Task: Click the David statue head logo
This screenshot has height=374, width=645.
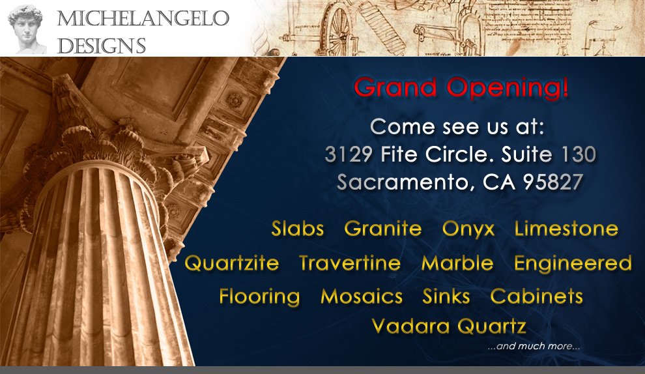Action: pyautogui.click(x=27, y=29)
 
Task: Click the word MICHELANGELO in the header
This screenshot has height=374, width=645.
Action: pyautogui.click(x=143, y=18)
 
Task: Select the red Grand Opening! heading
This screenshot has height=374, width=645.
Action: pyautogui.click(x=461, y=88)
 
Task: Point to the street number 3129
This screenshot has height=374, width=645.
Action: pyautogui.click(x=349, y=154)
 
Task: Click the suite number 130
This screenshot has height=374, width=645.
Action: pyautogui.click(x=579, y=154)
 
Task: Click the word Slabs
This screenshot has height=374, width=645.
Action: pyautogui.click(x=297, y=228)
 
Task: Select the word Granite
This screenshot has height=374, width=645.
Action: pyautogui.click(x=383, y=228)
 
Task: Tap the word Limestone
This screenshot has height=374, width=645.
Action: pyautogui.click(x=566, y=228)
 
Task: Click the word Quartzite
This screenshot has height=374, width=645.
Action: pyautogui.click(x=231, y=263)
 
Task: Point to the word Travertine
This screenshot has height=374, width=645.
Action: pyautogui.click(x=350, y=263)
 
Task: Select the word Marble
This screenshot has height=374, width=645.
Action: pyautogui.click(x=457, y=263)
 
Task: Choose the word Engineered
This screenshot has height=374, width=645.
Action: pyautogui.click(x=573, y=264)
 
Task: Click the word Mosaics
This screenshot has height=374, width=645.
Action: pyautogui.click(x=362, y=296)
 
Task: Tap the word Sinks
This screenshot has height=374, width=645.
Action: pyautogui.click(x=446, y=296)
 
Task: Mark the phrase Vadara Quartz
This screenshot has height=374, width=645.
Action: pyautogui.click(x=449, y=326)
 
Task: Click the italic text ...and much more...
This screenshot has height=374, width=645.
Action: pyautogui.click(x=534, y=346)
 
